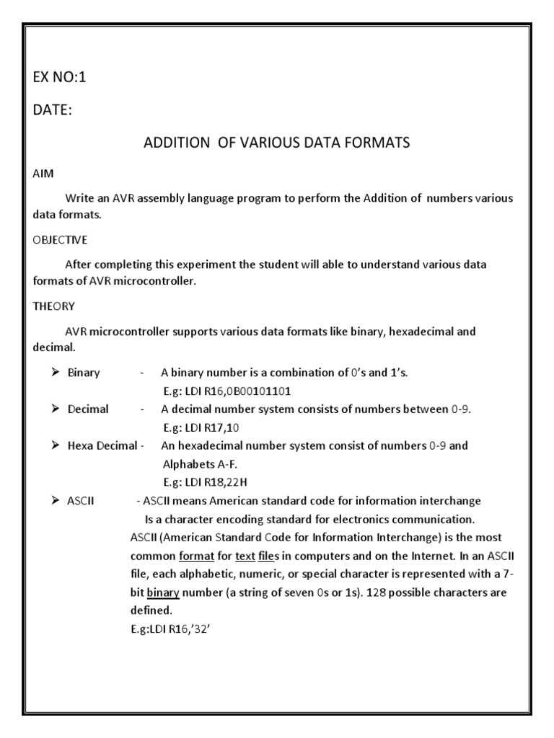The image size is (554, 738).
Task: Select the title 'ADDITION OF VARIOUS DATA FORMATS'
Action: click(x=277, y=143)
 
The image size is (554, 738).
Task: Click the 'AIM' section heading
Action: click(x=43, y=175)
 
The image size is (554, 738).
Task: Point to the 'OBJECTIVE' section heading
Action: click(x=60, y=239)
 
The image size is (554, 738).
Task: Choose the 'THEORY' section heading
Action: click(x=53, y=306)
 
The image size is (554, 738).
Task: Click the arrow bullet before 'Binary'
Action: click(x=55, y=373)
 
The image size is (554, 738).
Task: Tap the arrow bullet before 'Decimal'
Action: click(x=55, y=409)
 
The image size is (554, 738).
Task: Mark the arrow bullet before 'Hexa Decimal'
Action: click(x=55, y=446)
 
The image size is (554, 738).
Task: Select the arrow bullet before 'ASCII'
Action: click(x=55, y=501)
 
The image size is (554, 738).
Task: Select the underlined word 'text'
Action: click(x=246, y=556)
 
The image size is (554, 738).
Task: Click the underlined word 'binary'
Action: click(x=164, y=593)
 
